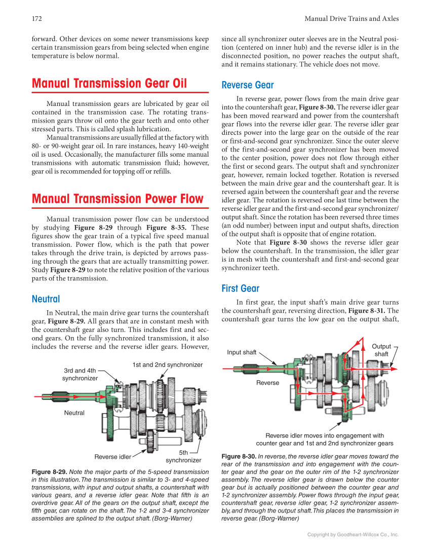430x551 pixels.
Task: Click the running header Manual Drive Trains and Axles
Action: (x=351, y=19)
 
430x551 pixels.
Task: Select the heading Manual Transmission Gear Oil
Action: (x=109, y=83)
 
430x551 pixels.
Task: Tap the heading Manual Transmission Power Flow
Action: (x=118, y=199)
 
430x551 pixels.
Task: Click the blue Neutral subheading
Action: (x=46, y=299)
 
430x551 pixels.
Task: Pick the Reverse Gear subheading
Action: (x=248, y=85)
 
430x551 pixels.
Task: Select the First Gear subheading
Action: (x=241, y=288)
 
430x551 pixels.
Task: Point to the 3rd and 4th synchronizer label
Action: (x=80, y=375)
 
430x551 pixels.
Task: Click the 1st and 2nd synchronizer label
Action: (x=168, y=365)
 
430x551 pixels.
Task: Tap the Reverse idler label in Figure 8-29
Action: (x=112, y=457)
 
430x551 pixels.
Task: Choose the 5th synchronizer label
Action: (x=183, y=456)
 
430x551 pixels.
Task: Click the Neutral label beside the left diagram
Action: (x=74, y=413)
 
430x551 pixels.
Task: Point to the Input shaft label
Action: (x=242, y=352)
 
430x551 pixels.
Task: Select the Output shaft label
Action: (x=381, y=350)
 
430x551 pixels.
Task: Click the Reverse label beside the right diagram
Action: (x=267, y=383)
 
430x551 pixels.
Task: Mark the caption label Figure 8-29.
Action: (x=49, y=472)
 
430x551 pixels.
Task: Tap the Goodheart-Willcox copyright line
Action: (x=353, y=534)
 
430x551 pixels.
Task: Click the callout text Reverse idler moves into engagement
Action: (x=325, y=435)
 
